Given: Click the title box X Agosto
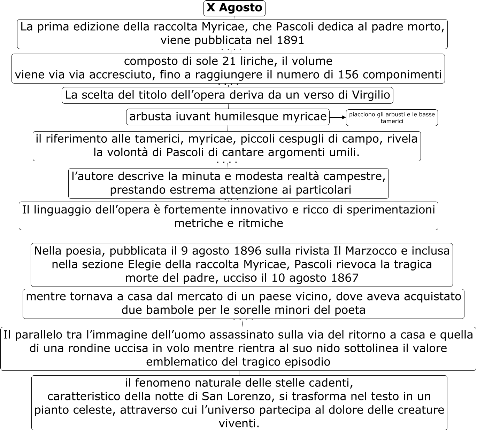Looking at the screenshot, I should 234,8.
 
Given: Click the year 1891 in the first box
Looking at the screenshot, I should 290,40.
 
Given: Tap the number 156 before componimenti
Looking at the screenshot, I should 350,75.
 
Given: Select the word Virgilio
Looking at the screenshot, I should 371,95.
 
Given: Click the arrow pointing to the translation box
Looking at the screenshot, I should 337,118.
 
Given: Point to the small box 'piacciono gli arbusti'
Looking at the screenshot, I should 392,118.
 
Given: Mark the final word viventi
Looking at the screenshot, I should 239,423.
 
